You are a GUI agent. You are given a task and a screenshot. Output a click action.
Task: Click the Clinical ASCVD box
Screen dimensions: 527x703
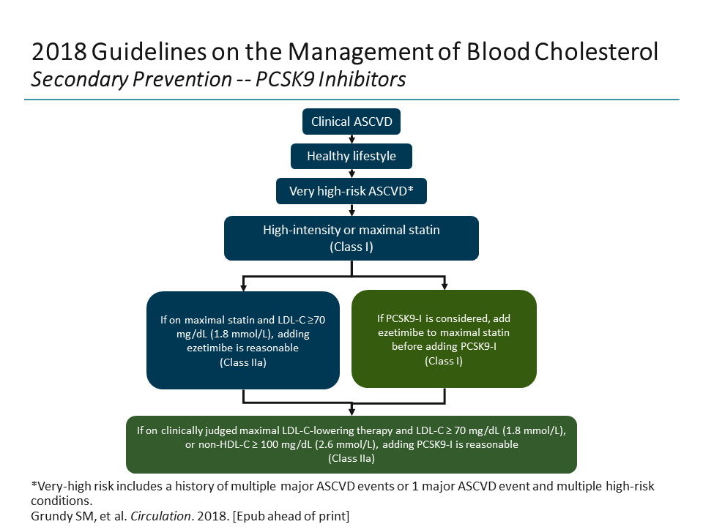point(351,122)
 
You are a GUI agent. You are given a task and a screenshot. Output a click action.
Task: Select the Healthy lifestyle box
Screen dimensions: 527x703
point(351,156)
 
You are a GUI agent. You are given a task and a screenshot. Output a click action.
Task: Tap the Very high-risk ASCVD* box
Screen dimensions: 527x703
point(351,191)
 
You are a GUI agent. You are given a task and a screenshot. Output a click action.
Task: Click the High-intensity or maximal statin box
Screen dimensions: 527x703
point(351,238)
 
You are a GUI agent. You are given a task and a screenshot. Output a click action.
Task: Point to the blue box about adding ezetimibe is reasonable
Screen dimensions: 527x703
point(242,340)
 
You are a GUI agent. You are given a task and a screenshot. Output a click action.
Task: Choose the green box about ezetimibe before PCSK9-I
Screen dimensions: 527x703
point(444,339)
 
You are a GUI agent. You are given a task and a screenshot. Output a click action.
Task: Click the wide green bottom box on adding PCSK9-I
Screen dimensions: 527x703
point(351,444)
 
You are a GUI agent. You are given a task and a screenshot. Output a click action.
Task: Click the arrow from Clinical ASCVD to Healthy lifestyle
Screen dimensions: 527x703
point(351,139)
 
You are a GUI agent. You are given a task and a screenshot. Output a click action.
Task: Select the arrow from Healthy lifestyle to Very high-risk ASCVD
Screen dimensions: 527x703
point(351,173)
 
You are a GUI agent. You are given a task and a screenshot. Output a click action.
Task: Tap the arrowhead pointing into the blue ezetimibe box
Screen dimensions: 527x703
point(243,287)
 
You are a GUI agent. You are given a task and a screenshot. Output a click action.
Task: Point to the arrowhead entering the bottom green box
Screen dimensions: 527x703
point(351,411)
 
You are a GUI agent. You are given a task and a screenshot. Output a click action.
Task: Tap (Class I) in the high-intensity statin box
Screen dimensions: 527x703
point(351,247)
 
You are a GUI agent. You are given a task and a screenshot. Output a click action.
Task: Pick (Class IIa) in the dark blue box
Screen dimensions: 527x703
point(242,362)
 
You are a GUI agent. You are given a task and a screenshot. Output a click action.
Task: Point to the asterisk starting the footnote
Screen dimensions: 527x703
point(34,485)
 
